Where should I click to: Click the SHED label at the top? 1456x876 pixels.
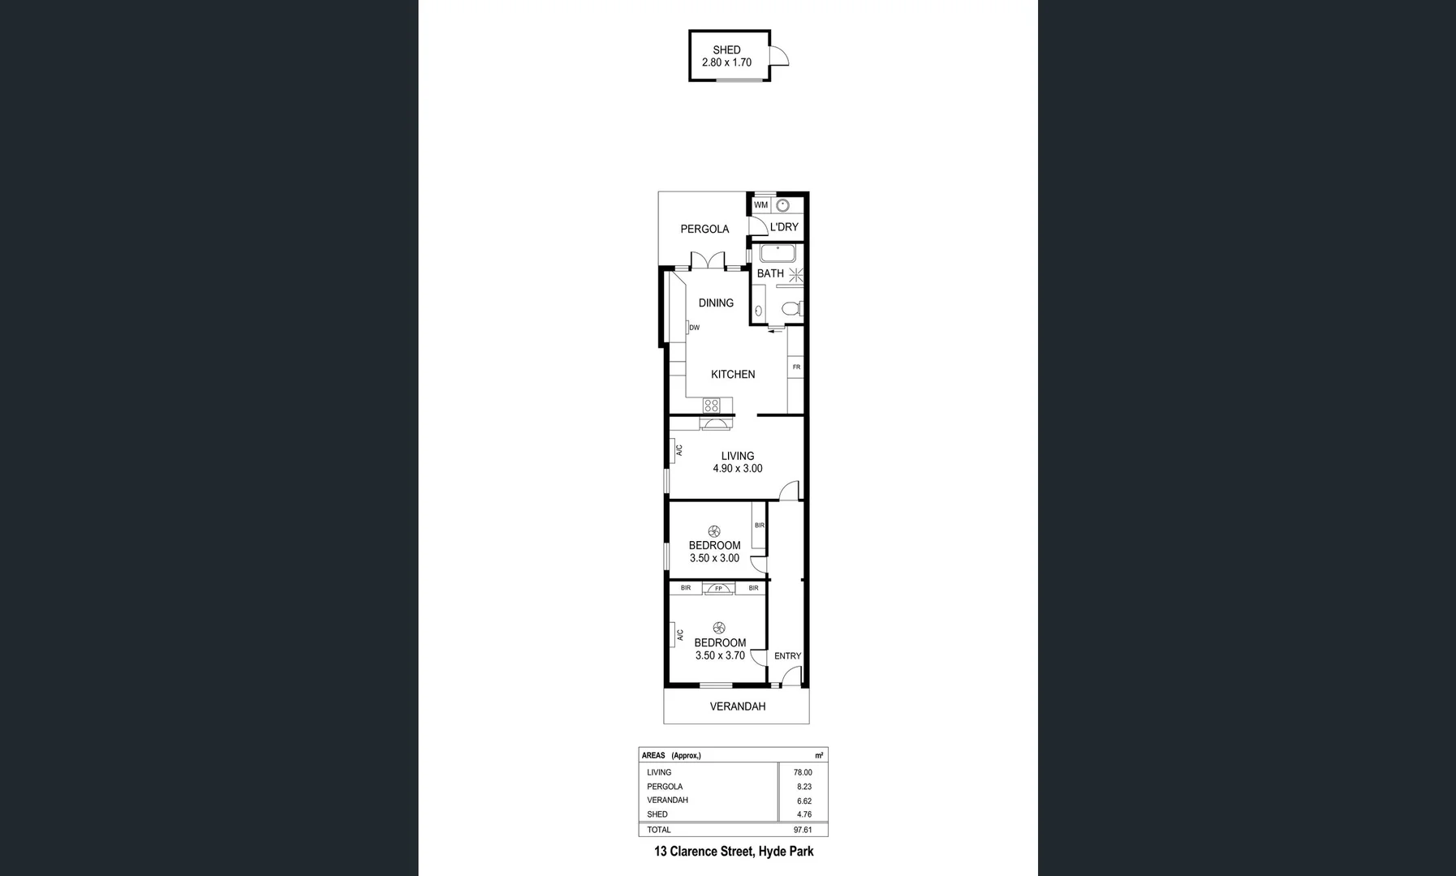[726, 49]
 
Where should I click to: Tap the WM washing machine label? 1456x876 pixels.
[760, 205]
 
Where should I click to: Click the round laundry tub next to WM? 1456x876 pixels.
[783, 206]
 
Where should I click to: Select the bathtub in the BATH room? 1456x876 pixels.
[777, 252]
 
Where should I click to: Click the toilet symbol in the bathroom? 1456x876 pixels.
[790, 308]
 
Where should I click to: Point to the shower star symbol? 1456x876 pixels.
[796, 273]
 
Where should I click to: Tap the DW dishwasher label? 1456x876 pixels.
[694, 328]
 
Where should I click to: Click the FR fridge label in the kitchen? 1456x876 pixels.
[796, 367]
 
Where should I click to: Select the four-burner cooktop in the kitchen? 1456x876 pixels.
[711, 405]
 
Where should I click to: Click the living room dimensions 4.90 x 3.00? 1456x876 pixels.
[737, 469]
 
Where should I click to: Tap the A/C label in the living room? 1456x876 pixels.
[678, 449]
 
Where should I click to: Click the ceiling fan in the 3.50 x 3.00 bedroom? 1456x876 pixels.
[713, 531]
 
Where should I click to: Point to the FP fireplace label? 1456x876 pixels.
[718, 588]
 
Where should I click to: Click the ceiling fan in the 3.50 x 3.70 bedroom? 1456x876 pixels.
[718, 628]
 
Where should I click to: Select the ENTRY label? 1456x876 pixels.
[787, 655]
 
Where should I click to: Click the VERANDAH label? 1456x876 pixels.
[737, 706]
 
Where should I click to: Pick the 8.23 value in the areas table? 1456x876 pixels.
[803, 787]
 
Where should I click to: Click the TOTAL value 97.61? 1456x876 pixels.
[803, 830]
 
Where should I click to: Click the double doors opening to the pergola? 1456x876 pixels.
[708, 262]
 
